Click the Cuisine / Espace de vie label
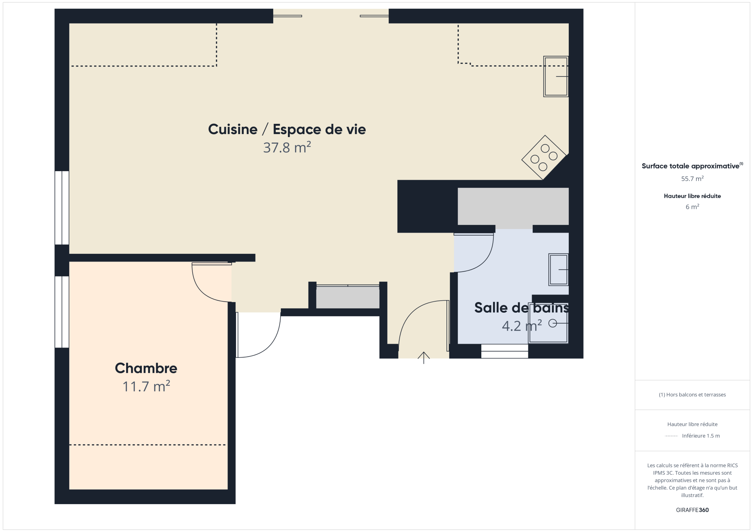[287, 129]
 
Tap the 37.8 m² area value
[287, 147]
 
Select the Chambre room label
[146, 368]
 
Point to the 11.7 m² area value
[146, 386]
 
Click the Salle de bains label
[521, 308]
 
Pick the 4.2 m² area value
[522, 326]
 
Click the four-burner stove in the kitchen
[544, 157]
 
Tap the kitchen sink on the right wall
[556, 76]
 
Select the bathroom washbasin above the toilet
[558, 270]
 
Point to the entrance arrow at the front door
[424, 357]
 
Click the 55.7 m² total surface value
[692, 179]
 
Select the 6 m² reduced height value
[692, 206]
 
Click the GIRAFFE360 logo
[692, 510]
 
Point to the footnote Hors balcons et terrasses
[692, 395]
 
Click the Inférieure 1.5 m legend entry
[701, 436]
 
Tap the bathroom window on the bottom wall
[504, 351]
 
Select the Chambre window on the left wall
[62, 312]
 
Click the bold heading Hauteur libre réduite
[692, 196]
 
